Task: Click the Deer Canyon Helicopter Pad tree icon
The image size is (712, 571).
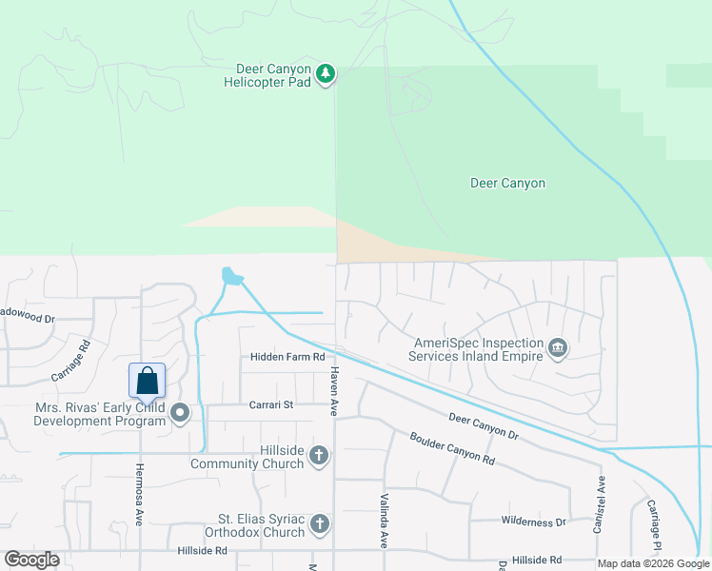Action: point(326,74)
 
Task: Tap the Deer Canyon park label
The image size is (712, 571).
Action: point(507,183)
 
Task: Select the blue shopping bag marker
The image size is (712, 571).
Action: point(147,381)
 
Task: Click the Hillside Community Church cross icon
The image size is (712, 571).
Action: point(319,457)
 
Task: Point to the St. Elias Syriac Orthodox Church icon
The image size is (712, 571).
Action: point(320,523)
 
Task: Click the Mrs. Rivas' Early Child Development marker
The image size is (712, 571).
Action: point(179,412)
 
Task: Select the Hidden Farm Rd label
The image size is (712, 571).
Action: point(287,357)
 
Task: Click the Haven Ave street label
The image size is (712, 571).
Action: point(334,392)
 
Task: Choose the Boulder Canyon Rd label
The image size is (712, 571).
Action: point(452,448)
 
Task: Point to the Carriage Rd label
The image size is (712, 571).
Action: point(70,361)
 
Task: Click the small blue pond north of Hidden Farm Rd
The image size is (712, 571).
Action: point(230,276)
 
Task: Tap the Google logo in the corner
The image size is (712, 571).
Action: point(31,560)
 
